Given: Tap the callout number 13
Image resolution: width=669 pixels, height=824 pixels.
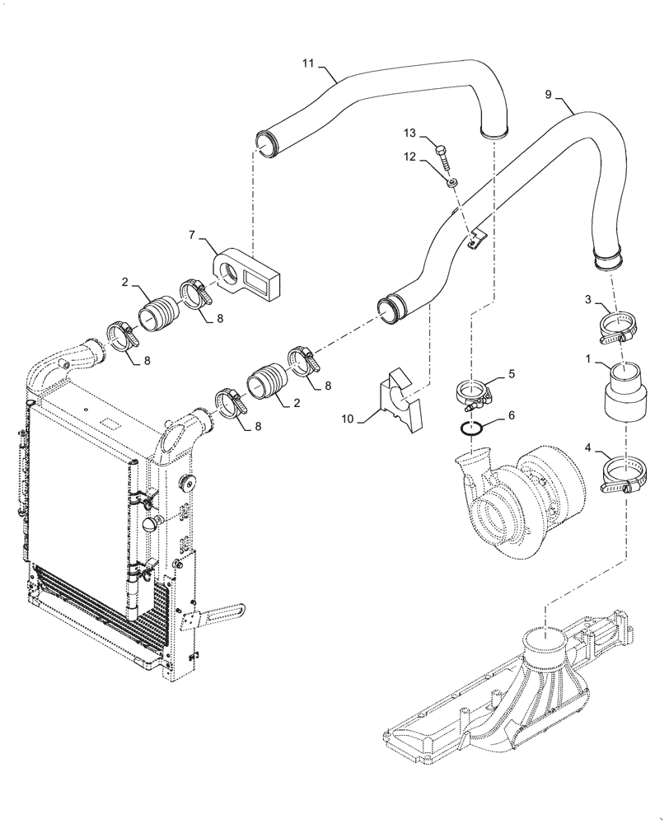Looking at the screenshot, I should [410, 133].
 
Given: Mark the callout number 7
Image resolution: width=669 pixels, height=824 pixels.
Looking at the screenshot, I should [194, 235].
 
